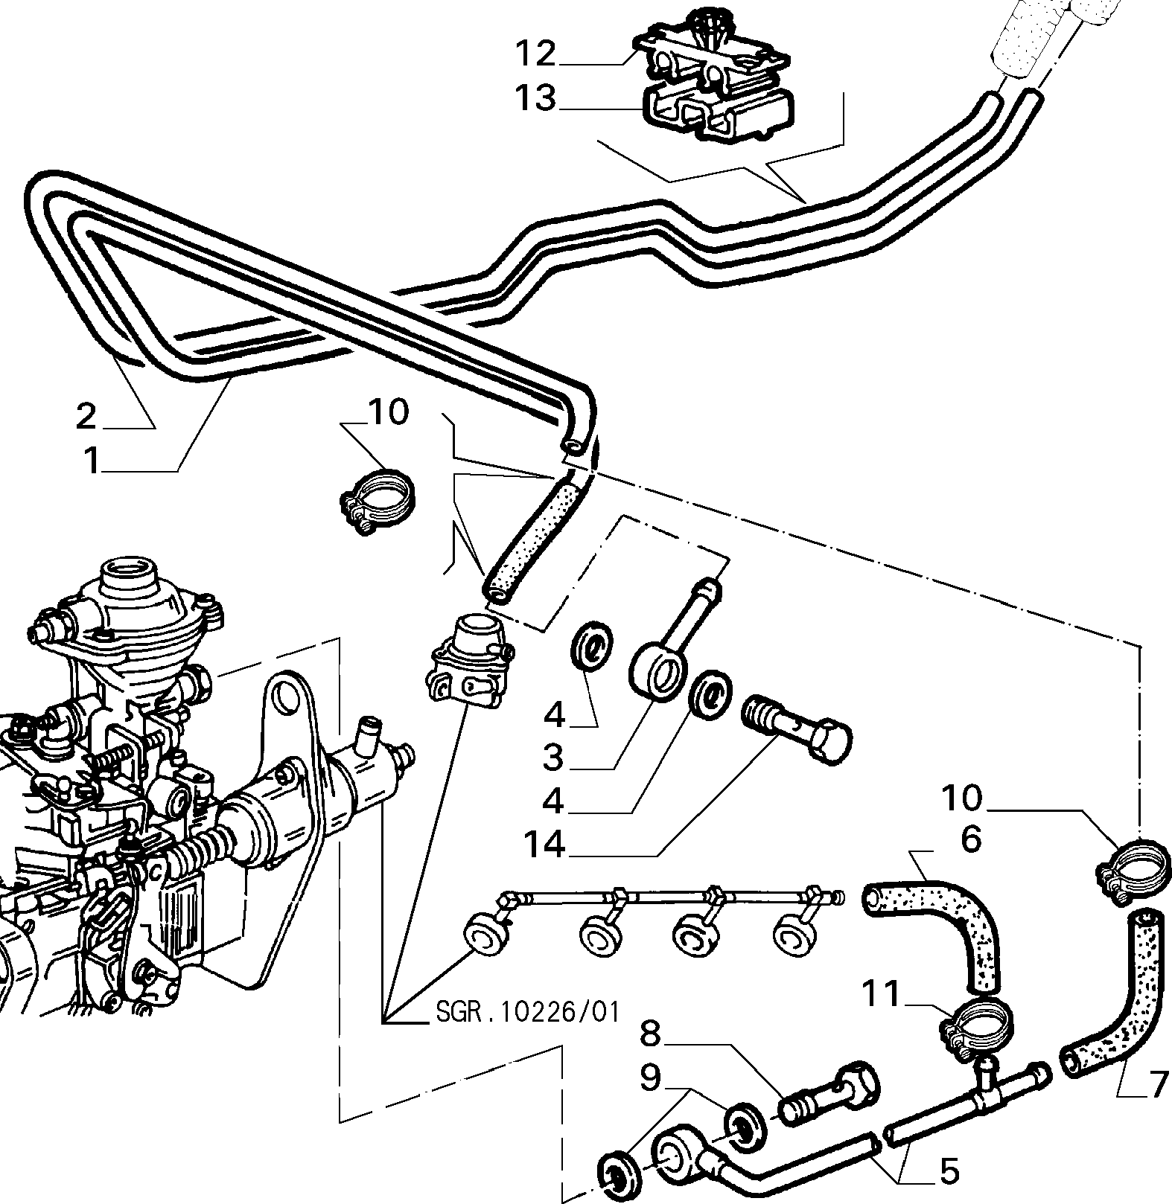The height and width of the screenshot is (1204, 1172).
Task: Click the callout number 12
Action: coord(535,54)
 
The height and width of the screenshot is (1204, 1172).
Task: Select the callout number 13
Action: coord(535,97)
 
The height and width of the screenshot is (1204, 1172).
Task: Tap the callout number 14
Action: coord(555,845)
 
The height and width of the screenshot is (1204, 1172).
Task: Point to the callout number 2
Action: coord(86,416)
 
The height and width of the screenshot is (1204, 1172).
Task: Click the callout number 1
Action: coord(92,461)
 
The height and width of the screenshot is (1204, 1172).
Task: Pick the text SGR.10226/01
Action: coord(526,1013)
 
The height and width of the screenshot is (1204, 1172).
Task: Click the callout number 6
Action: coord(971,839)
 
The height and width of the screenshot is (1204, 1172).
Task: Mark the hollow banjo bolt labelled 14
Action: coord(797,729)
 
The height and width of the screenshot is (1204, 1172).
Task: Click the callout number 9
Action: coord(651,1077)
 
